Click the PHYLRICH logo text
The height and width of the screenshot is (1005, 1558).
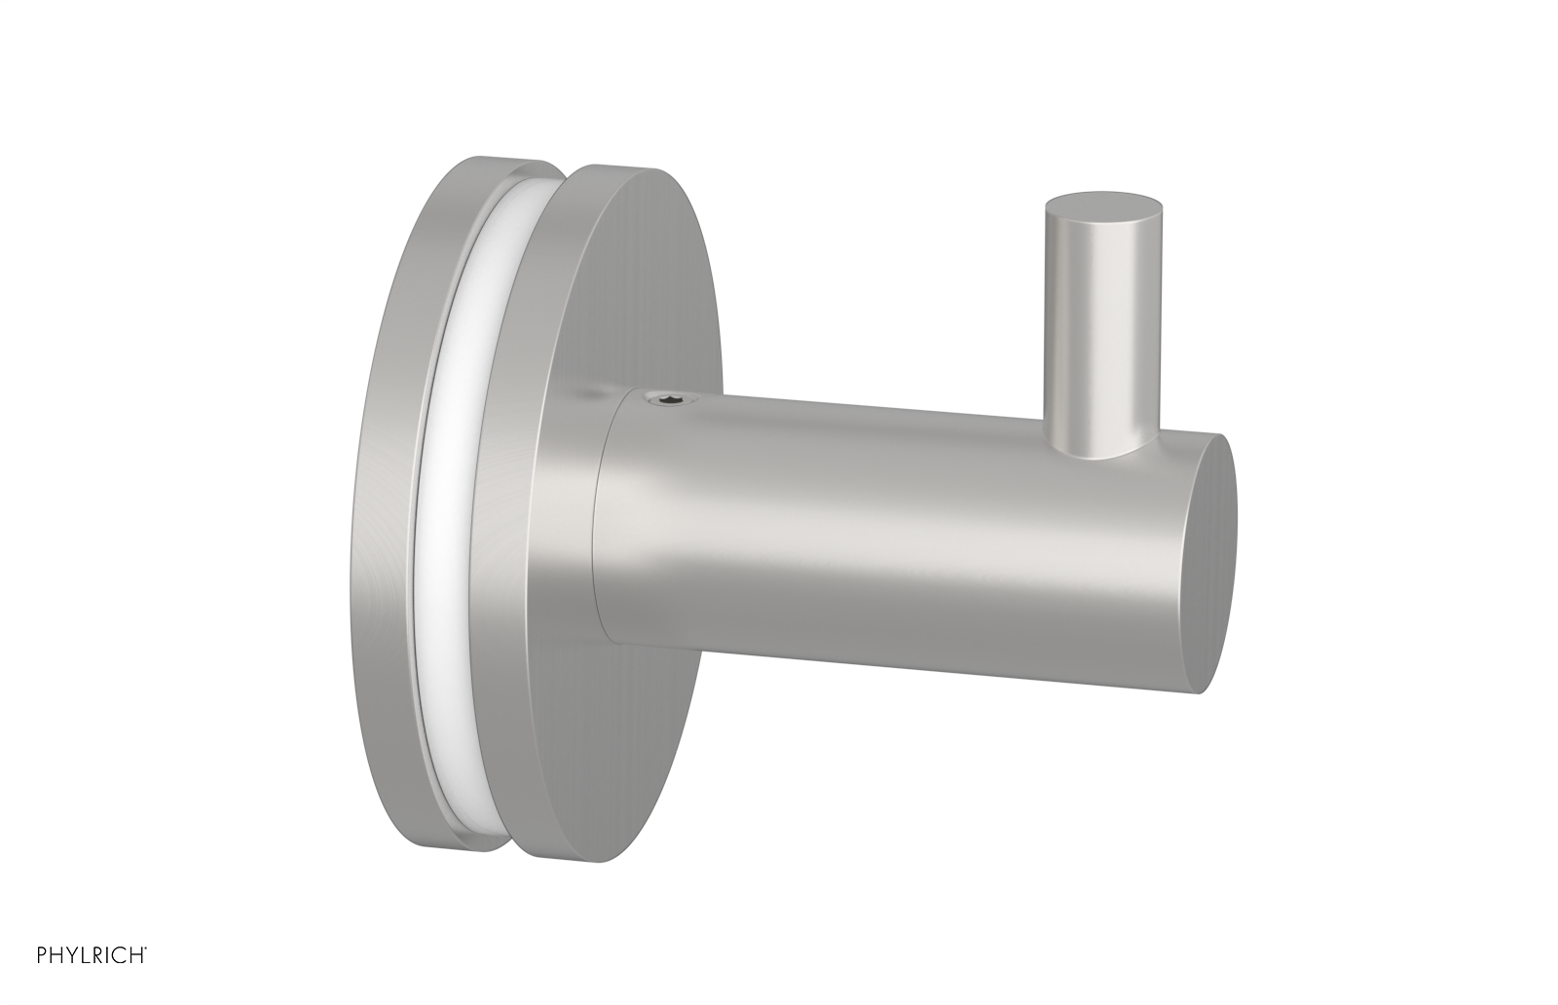tap(75, 979)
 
